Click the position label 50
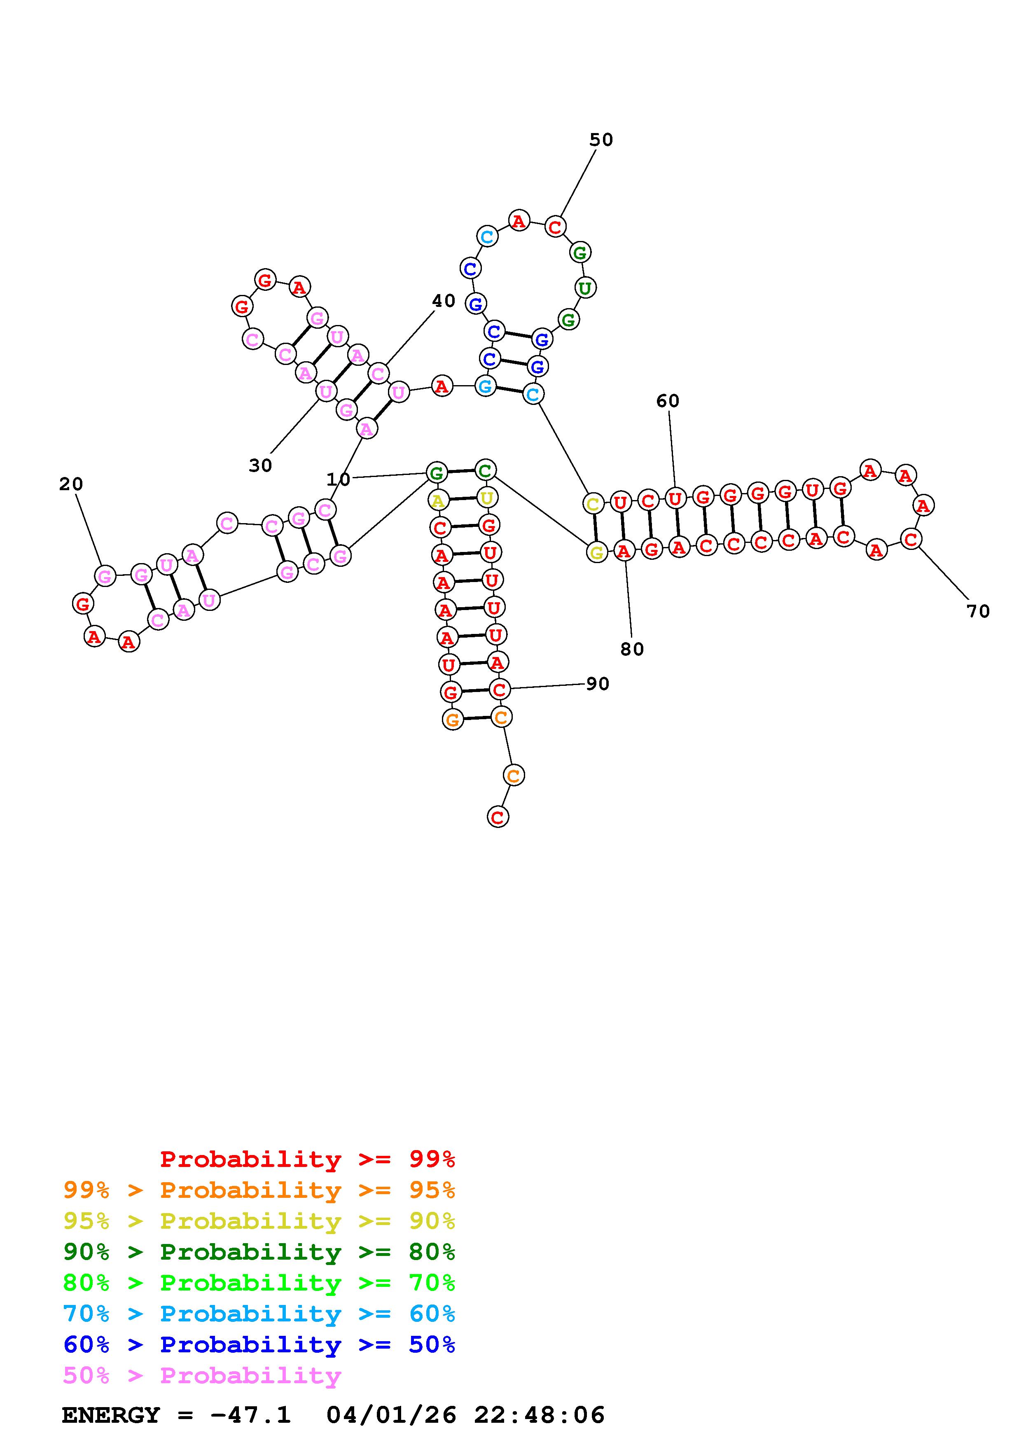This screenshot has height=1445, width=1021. pyautogui.click(x=601, y=140)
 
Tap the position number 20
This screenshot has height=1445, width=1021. pyautogui.click(x=71, y=484)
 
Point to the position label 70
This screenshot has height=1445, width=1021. pyautogui.click(x=978, y=611)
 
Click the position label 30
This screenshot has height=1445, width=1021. pyautogui.click(x=260, y=466)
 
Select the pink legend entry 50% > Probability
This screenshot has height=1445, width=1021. pyautogui.click(x=202, y=1375)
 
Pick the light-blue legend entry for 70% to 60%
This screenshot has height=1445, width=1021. pyautogui.click(x=259, y=1314)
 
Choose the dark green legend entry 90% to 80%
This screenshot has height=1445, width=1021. pyautogui.click(x=259, y=1252)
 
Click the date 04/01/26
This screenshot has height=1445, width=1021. pyautogui.click(x=391, y=1415)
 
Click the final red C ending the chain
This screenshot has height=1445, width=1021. pyautogui.click(x=498, y=817)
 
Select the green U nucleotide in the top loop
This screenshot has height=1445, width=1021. pyautogui.click(x=585, y=288)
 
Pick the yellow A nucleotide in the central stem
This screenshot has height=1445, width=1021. pyautogui.click(x=438, y=501)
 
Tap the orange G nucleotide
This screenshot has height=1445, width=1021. pyautogui.click(x=452, y=719)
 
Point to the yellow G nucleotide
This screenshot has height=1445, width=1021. pyautogui.click(x=596, y=552)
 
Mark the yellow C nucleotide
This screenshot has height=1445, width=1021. pyautogui.click(x=593, y=503)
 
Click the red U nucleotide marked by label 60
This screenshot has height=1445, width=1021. pyautogui.click(x=675, y=499)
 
